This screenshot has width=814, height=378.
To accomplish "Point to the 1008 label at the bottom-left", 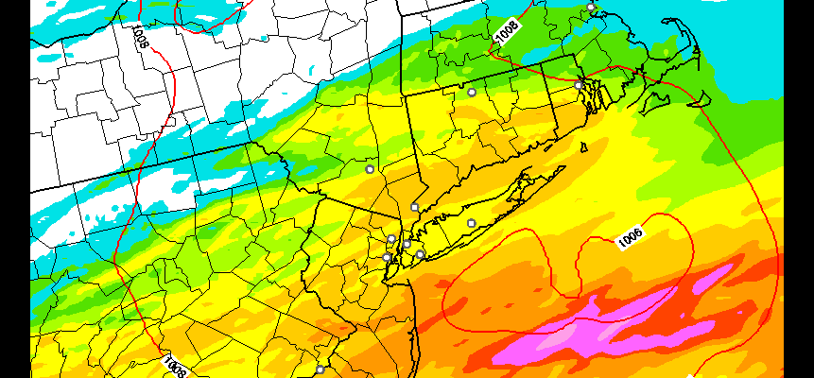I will (174, 365).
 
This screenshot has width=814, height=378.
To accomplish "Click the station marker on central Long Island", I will (471, 223).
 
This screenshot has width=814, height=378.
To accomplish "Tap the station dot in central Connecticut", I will (472, 92).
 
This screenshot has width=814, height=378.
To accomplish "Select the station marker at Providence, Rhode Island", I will (579, 85).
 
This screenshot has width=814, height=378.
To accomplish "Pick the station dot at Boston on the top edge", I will (591, 7).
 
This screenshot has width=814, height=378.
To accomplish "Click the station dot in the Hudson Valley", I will (370, 169).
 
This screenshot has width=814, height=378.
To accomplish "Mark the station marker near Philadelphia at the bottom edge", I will (320, 369).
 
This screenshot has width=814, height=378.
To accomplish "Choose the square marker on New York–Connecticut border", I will (414, 207).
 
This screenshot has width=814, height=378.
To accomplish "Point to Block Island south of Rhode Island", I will (583, 146).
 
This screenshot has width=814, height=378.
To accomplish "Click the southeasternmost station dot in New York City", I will (420, 254).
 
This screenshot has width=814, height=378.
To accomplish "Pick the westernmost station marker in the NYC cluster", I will (386, 257).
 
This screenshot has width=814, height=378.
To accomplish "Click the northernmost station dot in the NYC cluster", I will (391, 238).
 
